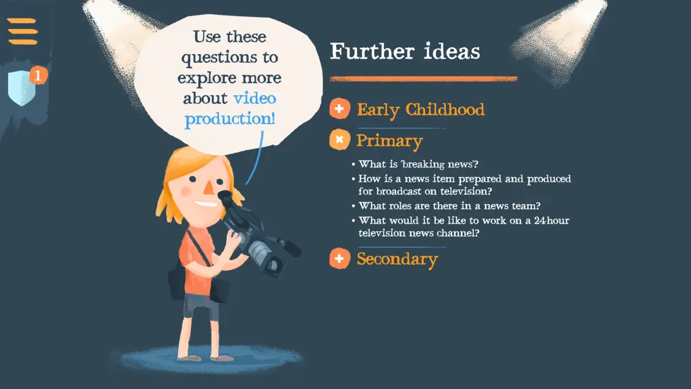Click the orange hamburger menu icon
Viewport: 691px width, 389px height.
point(22,31)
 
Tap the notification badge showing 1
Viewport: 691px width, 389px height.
point(38,76)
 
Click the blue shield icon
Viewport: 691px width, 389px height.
point(22,88)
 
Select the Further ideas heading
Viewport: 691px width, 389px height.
point(405,51)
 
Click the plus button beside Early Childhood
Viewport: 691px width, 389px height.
point(339,109)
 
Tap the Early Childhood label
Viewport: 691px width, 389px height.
point(420,109)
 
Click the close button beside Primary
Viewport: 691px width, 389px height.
point(339,140)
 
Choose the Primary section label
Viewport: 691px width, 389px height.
point(389,141)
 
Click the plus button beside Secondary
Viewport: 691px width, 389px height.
point(339,259)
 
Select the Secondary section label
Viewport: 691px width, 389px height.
point(397,259)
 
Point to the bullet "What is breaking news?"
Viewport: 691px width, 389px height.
point(415,164)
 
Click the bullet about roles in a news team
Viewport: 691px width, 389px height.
point(446,205)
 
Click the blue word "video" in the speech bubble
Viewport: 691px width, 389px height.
point(254,98)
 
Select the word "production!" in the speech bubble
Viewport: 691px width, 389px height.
point(229,119)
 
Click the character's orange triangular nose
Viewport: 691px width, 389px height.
point(209,188)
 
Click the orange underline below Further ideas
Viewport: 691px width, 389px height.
point(424,79)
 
